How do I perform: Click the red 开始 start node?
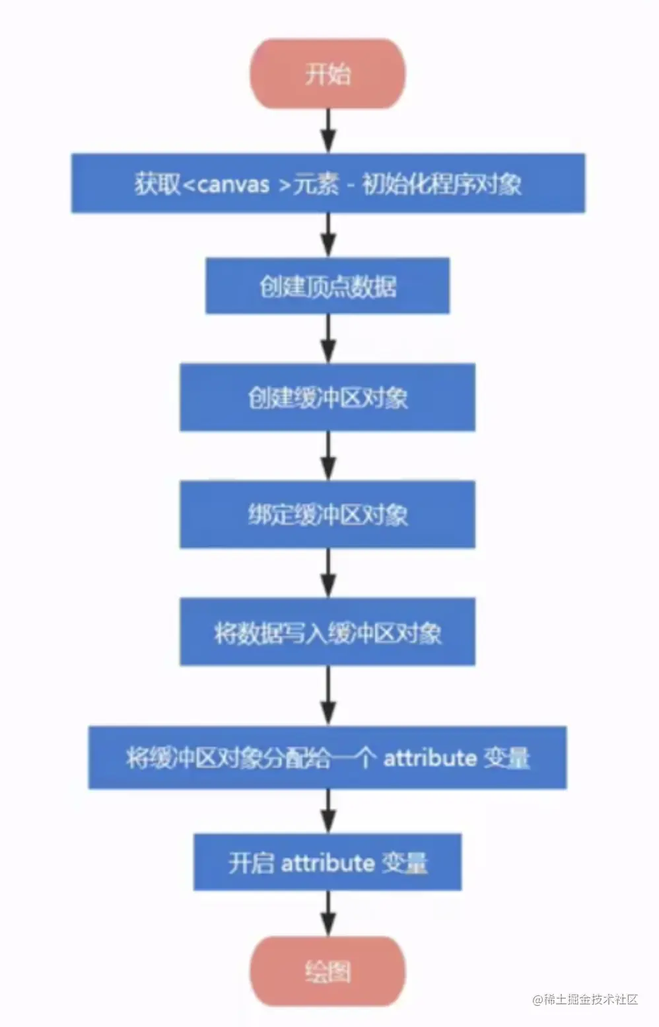click(328, 73)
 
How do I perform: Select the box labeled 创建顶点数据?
click(328, 285)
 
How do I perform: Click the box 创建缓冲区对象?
click(328, 397)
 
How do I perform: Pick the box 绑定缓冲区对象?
click(328, 514)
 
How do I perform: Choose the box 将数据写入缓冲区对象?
click(328, 632)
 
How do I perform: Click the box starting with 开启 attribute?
click(328, 862)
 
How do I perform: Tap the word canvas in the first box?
click(233, 184)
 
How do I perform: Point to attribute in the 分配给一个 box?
click(430, 757)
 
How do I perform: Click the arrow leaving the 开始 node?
click(328, 130)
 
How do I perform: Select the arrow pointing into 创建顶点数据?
click(328, 235)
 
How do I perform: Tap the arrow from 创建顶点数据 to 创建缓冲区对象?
click(328, 338)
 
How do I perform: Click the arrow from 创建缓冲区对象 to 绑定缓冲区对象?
click(328, 455)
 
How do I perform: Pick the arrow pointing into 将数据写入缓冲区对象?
click(328, 572)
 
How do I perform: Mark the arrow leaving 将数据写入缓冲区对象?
click(328, 695)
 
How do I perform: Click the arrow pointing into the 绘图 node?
click(328, 913)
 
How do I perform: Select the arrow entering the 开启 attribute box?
click(328, 811)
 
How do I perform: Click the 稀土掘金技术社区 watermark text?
click(586, 999)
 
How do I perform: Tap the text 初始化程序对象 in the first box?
click(442, 184)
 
